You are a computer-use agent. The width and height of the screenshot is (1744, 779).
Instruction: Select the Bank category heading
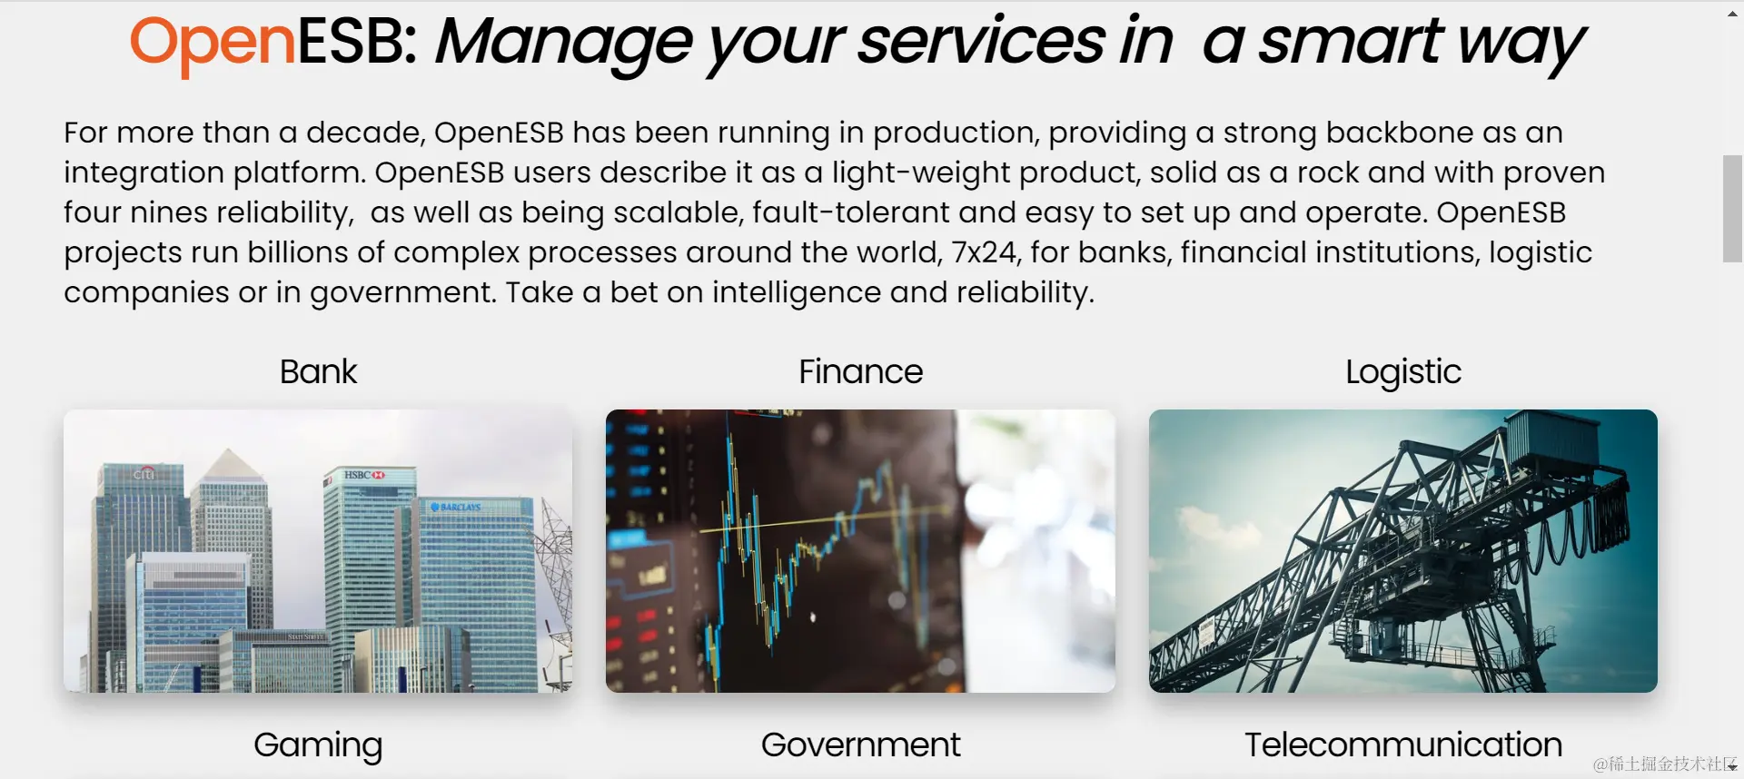pos(318,371)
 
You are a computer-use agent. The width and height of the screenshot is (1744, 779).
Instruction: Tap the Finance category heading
pos(860,371)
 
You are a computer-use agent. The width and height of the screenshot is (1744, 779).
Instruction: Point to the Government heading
pos(860,744)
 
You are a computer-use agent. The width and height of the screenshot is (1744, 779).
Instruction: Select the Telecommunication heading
pos(1403,744)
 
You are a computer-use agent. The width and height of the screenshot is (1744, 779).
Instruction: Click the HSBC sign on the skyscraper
pos(364,475)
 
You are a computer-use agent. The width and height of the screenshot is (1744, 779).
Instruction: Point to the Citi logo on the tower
pos(144,473)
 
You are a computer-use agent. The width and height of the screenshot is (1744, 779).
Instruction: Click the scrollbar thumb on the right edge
pos(1732,209)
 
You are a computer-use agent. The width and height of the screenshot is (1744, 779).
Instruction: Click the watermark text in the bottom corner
pos(1664,764)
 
